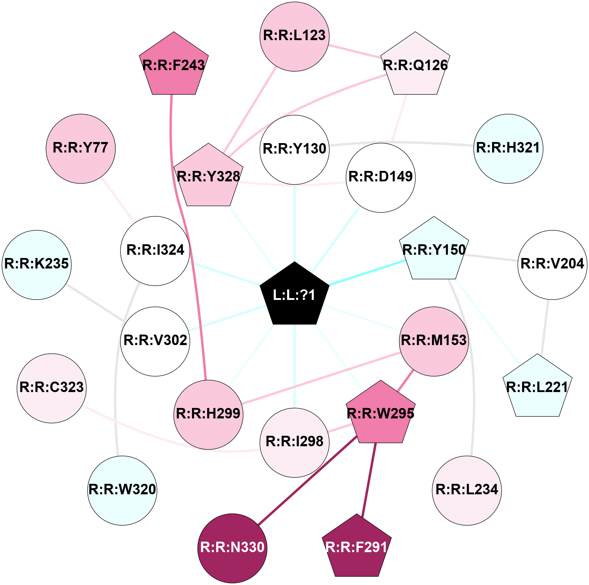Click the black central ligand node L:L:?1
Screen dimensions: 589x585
(x=295, y=294)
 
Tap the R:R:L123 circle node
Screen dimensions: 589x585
(x=295, y=36)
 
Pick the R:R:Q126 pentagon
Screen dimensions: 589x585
(x=415, y=65)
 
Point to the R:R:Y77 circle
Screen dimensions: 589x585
(x=81, y=149)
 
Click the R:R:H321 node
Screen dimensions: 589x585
(x=508, y=149)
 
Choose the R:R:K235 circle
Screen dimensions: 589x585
(x=37, y=265)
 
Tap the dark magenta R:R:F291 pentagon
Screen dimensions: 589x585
(x=357, y=547)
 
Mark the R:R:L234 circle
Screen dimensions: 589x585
(x=467, y=490)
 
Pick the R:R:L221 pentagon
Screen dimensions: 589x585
(x=538, y=387)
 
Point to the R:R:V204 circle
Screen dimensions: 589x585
(x=552, y=265)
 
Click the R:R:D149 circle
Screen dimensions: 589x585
(x=381, y=177)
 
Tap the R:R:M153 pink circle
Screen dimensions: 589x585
(x=434, y=341)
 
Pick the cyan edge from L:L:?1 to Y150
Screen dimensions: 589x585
(x=367, y=272)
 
